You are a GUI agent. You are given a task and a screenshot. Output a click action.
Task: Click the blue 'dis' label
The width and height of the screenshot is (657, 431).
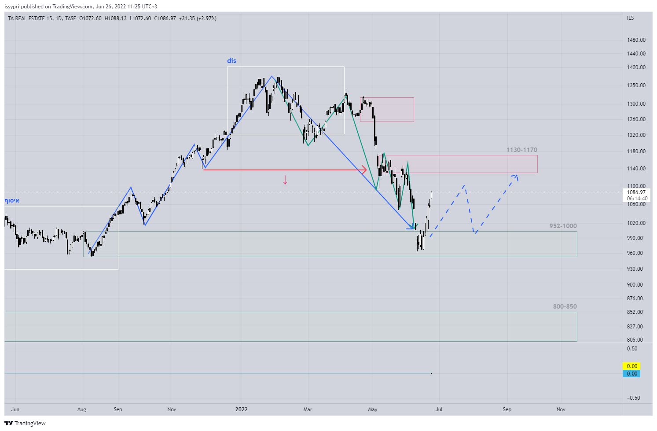[231, 61]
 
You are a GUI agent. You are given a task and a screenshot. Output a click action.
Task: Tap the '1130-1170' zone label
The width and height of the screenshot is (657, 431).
[521, 150]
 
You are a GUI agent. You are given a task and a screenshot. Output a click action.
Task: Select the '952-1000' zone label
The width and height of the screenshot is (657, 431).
[563, 226]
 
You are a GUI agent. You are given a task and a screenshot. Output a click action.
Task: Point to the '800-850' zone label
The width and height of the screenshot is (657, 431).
[565, 306]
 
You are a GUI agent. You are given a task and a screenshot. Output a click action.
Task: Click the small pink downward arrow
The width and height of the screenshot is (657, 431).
[285, 180]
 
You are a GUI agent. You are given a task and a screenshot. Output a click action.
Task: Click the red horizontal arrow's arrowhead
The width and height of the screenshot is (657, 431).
[364, 169]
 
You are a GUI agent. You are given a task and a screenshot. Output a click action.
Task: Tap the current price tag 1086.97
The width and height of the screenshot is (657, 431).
[636, 192]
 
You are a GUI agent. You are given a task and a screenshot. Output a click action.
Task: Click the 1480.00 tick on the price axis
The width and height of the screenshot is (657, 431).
[636, 40]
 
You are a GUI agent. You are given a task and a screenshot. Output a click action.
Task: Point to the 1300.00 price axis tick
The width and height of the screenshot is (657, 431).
[636, 104]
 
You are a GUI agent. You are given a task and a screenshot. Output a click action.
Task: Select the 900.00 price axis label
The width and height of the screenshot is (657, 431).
[635, 285]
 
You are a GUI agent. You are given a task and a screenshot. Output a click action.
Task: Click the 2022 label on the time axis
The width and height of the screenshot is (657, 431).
[242, 409]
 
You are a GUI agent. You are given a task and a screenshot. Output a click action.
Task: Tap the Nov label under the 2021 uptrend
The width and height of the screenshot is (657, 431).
[172, 409]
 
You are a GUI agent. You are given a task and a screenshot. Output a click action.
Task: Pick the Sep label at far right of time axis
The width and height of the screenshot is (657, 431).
[507, 409]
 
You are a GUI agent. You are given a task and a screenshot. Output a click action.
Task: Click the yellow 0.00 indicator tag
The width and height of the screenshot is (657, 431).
[632, 366]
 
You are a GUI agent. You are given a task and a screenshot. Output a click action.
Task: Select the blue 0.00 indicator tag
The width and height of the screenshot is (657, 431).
[632, 374]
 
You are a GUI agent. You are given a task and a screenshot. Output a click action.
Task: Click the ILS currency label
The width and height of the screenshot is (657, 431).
[631, 18]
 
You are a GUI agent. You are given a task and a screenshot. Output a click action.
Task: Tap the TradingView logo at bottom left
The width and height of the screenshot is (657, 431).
[25, 423]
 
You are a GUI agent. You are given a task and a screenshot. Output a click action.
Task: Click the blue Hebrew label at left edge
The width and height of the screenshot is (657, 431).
[12, 201]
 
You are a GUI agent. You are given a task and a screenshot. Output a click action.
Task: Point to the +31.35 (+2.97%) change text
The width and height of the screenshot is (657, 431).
[198, 18]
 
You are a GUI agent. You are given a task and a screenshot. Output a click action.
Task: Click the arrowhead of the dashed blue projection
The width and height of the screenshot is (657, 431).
[516, 176]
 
